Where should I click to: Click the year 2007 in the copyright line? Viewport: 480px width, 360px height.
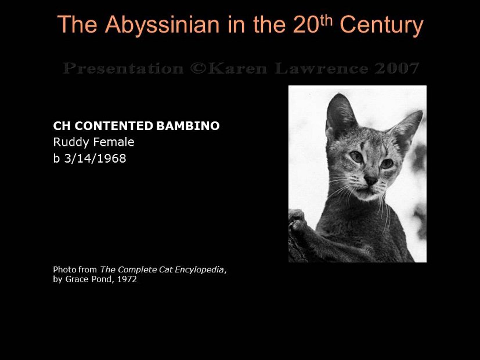396,69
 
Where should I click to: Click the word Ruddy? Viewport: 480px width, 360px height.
68,142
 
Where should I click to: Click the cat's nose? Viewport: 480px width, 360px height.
370,181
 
